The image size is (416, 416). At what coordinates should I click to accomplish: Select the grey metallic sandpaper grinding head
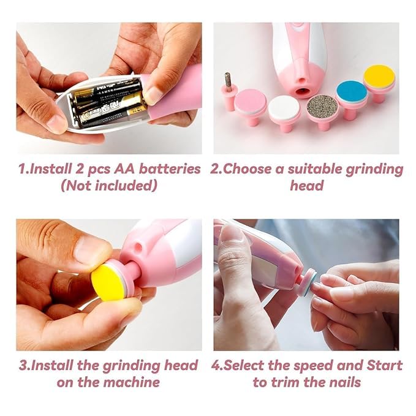[322, 105]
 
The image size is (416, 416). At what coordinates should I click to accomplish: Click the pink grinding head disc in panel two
[250, 102]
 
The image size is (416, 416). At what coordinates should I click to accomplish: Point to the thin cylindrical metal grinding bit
[227, 81]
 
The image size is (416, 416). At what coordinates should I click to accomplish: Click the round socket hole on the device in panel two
[301, 92]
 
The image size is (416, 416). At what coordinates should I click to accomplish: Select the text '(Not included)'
[108, 186]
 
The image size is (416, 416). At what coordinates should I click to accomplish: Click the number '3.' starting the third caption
[25, 365]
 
